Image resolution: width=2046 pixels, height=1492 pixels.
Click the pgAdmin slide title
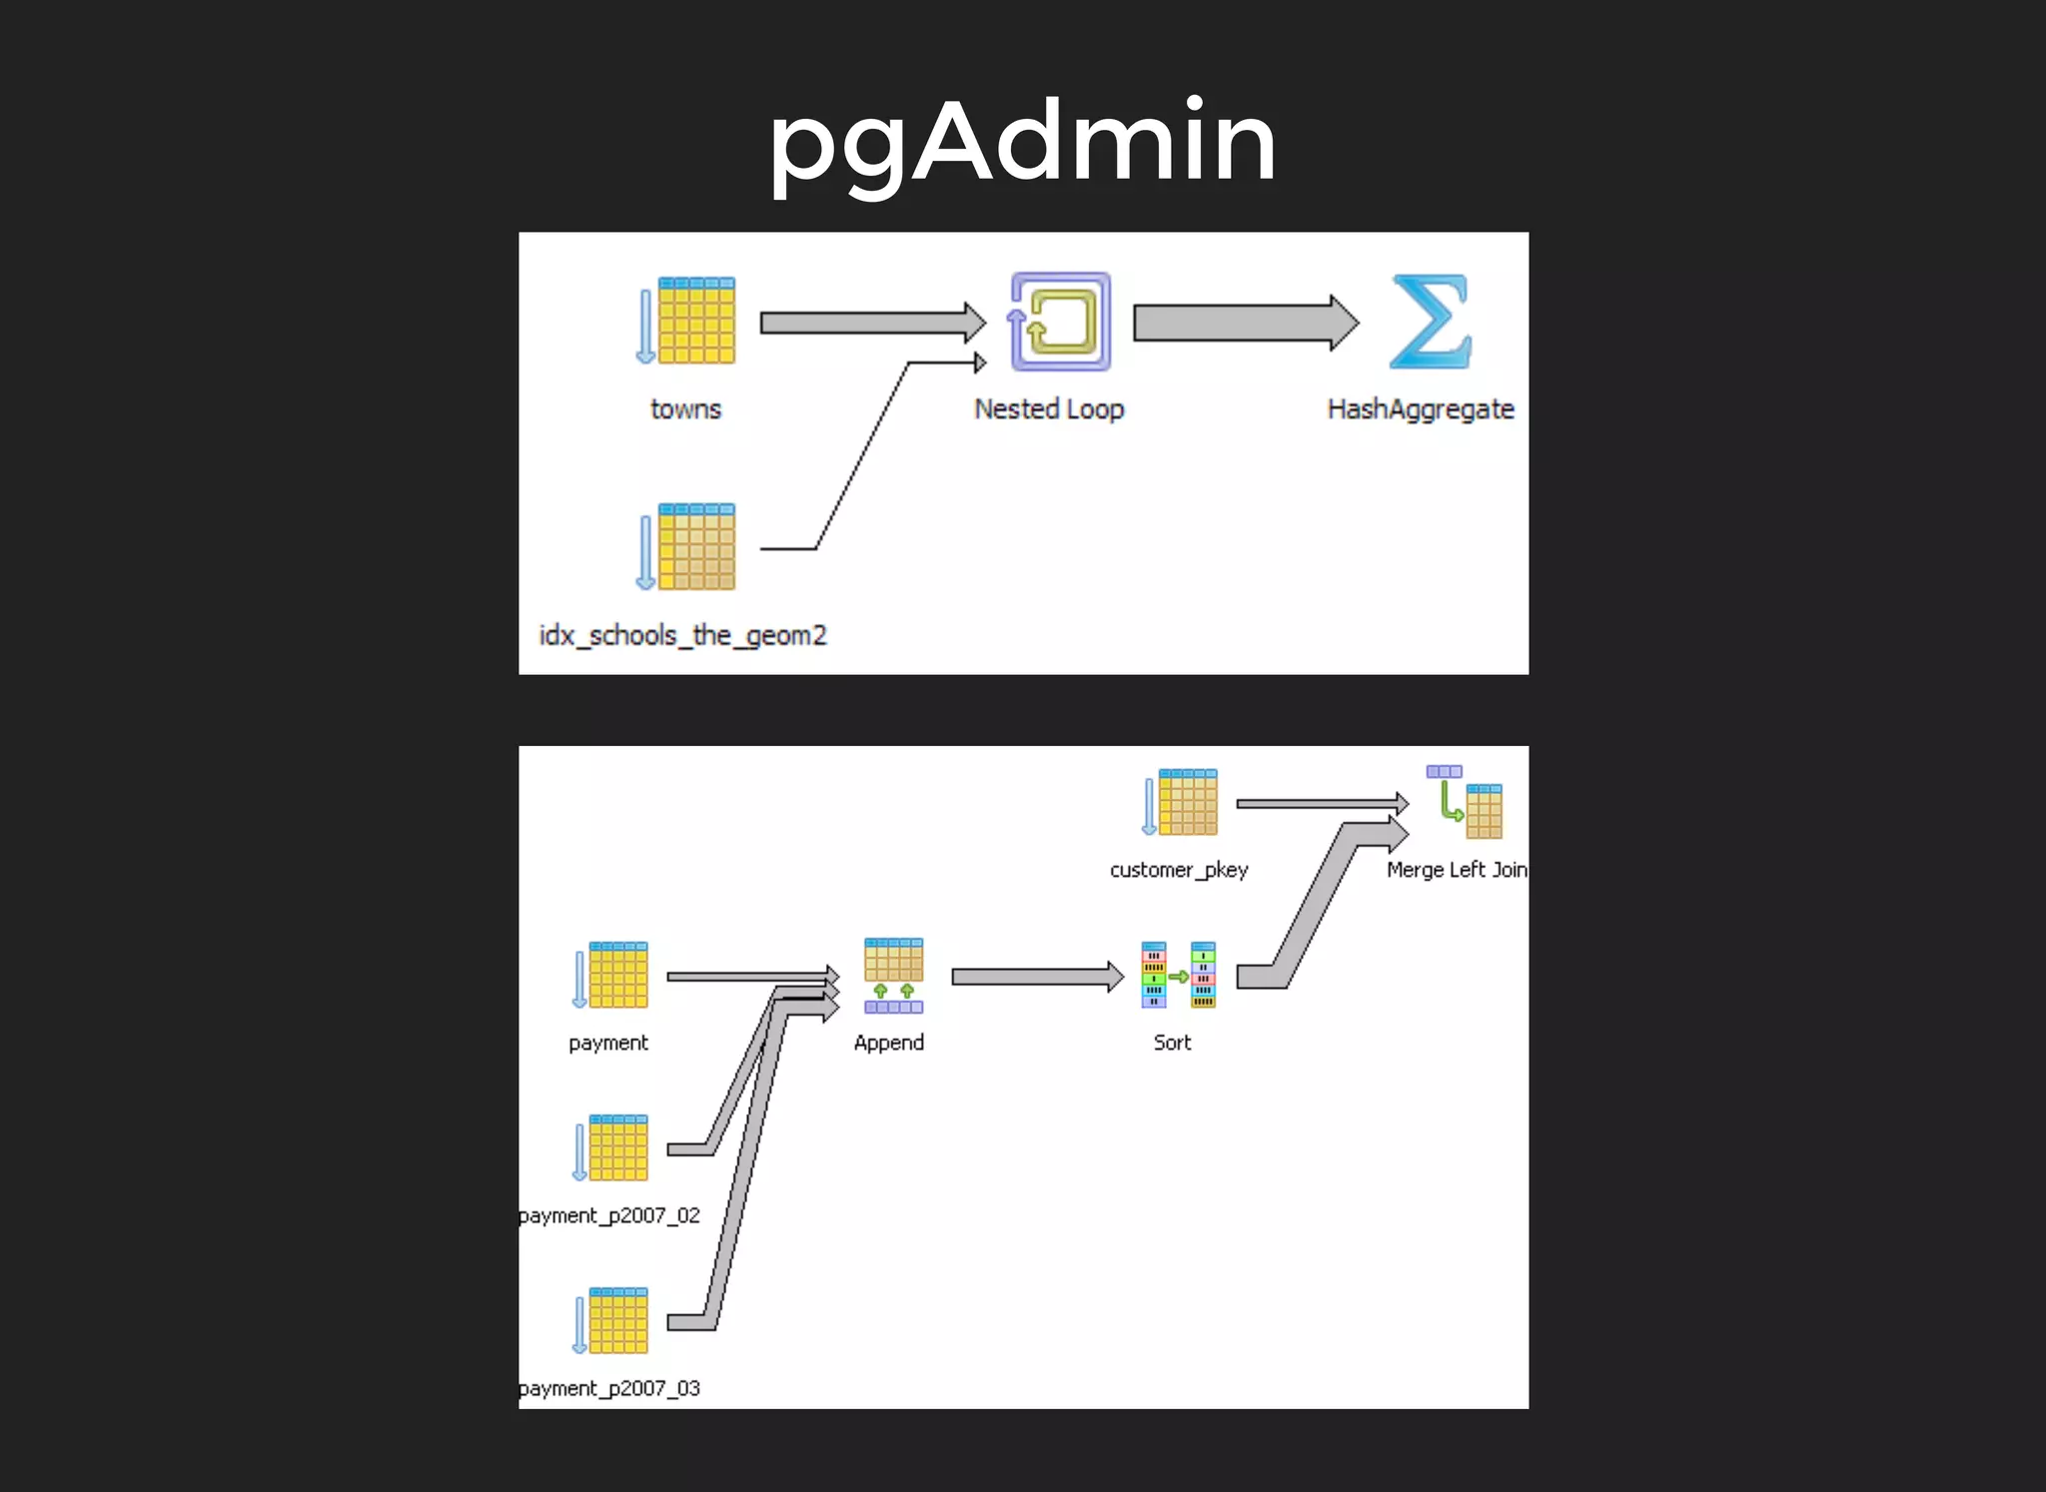[1022, 142]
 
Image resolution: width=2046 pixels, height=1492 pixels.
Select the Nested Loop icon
[1060, 322]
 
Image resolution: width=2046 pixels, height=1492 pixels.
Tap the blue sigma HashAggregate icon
[1431, 322]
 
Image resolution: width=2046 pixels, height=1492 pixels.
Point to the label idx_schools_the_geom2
[683, 635]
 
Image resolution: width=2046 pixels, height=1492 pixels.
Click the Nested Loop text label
[1049, 409]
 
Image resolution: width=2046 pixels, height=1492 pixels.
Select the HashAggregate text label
[1420, 409]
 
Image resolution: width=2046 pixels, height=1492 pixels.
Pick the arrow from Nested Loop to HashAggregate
[1245, 323]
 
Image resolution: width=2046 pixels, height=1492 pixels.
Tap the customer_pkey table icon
[1181, 802]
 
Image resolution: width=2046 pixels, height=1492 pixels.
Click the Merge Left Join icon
[1465, 802]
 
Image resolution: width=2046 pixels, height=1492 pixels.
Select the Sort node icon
[1179, 975]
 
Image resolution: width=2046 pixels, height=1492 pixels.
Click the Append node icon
[893, 975]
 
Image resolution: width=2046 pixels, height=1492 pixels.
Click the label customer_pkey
[1179, 870]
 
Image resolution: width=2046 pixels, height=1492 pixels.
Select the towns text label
[685, 409]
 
